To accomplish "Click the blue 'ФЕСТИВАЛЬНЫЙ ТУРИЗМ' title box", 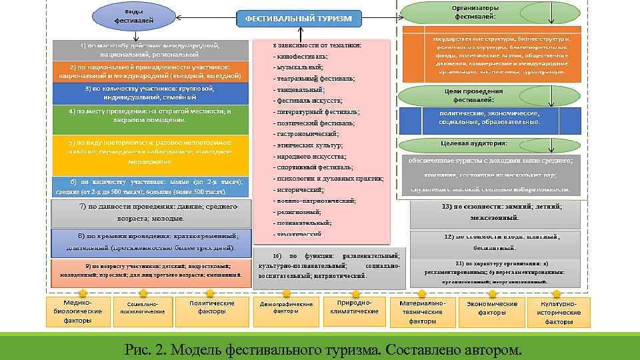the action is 297,19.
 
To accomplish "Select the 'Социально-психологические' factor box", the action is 142,308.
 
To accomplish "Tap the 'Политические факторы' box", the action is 212,308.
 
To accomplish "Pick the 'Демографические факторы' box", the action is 285,308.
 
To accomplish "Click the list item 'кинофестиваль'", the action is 300,57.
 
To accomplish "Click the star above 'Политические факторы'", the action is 210,293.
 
